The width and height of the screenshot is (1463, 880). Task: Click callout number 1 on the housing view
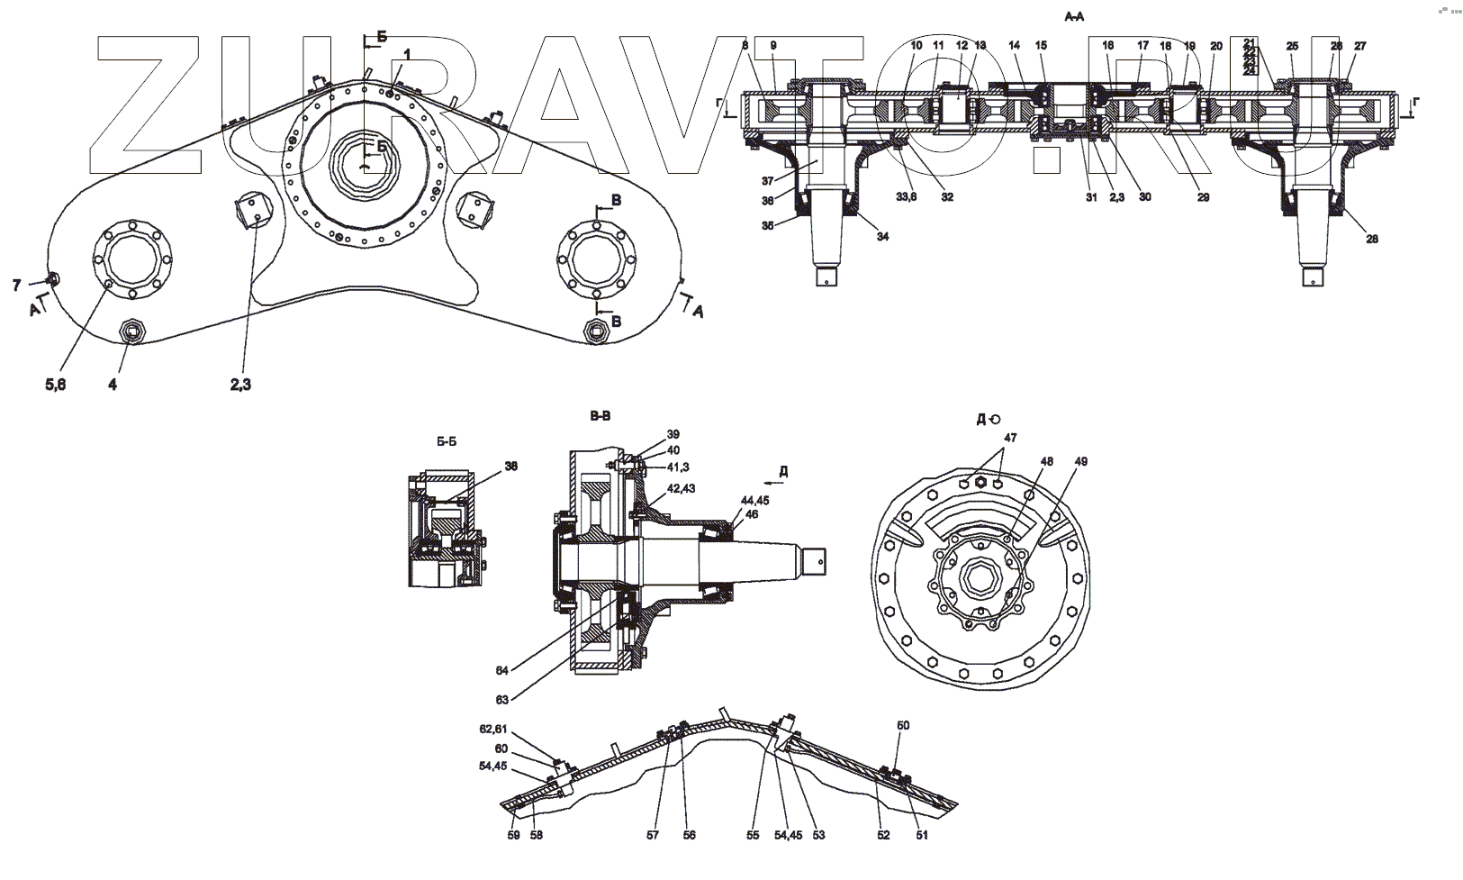[x=406, y=55]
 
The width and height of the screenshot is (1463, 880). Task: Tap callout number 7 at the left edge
[x=16, y=286]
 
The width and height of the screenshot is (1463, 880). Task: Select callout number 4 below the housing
[x=113, y=385]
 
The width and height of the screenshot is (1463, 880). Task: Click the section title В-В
[x=600, y=416]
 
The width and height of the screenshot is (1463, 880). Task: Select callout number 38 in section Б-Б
[x=510, y=467]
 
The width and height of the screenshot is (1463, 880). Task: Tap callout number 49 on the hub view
[x=1080, y=462]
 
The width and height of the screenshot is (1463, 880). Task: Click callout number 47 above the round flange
[x=1010, y=437]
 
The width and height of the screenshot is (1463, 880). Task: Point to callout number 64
[x=501, y=669]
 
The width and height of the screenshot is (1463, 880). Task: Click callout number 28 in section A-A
[x=1371, y=239]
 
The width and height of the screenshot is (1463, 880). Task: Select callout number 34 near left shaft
[x=882, y=236]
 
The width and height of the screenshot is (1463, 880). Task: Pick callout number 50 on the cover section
[x=903, y=725]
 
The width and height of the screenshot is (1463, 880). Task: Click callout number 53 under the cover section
[x=818, y=835]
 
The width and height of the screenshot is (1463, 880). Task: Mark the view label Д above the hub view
[x=980, y=419]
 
